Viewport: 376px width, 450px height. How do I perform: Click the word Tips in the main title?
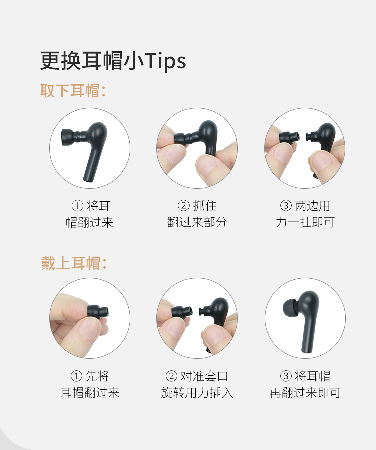click(166, 61)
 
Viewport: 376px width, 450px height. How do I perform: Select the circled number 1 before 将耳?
click(77, 206)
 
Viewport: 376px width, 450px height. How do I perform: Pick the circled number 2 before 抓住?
click(183, 206)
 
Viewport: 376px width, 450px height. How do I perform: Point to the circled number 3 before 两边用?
click(285, 206)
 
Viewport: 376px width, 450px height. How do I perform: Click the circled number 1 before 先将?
click(76, 376)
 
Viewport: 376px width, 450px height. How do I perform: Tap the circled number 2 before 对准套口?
click(171, 376)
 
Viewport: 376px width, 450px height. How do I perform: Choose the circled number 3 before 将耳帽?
click(286, 376)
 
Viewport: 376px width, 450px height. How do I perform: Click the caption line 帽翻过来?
click(89, 222)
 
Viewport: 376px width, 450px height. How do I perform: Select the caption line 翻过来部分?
click(197, 222)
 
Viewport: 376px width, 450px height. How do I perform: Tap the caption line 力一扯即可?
click(305, 222)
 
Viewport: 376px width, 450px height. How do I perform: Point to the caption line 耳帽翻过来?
click(90, 392)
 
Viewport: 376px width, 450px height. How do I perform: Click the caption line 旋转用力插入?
click(197, 392)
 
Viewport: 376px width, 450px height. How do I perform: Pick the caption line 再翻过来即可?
click(305, 392)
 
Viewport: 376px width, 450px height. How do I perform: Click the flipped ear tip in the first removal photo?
click(70, 137)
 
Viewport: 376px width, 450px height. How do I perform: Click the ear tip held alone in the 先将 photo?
click(98, 312)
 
